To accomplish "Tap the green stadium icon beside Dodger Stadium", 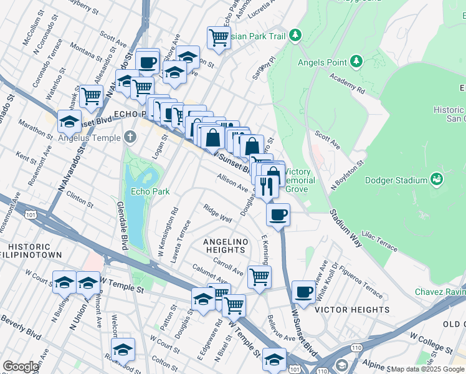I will pyautogui.click(x=437, y=180).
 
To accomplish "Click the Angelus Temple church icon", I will pyautogui.click(x=130, y=137).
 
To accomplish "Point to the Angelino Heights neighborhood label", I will pyautogui.click(x=225, y=246).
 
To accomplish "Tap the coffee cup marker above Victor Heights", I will pyautogui.click(x=303, y=292).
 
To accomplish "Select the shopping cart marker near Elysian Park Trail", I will pyautogui.click(x=219, y=37).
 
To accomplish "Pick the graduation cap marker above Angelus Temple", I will pyautogui.click(x=69, y=120).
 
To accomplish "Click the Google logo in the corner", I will pyautogui.click(x=21, y=367).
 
